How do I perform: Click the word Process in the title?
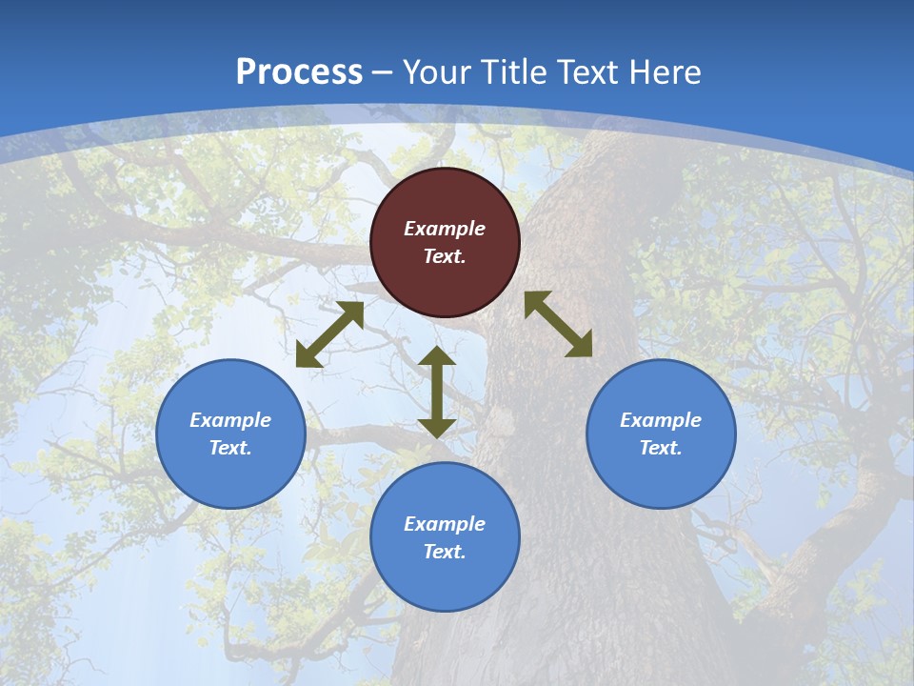299,72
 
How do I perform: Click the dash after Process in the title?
383,73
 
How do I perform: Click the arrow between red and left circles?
330,334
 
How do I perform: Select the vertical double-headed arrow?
437,393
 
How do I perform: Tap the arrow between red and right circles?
559,324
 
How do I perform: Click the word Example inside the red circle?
445,229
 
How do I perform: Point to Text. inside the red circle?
445,256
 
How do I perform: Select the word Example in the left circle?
230,420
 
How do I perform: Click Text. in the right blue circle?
661,448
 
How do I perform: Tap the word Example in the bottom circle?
445,524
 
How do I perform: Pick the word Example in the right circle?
661,420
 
